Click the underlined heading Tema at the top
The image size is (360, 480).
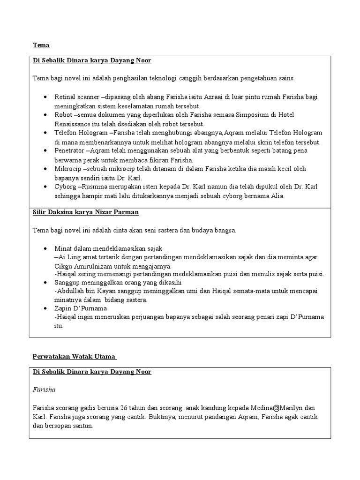pos(41,45)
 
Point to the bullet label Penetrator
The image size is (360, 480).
pos(70,150)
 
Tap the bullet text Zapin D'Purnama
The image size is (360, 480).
pos(80,308)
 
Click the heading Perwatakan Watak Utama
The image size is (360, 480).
pos(75,357)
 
